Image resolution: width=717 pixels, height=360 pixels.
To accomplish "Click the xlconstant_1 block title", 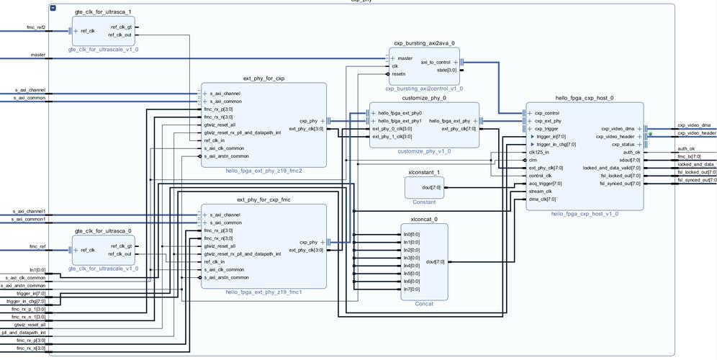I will coord(424,172).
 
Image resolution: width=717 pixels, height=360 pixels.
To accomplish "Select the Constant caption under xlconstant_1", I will coord(424,202).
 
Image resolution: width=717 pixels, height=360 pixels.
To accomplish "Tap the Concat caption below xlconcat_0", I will coord(424,304).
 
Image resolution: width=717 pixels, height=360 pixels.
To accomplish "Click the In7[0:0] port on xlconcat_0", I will coord(412,289).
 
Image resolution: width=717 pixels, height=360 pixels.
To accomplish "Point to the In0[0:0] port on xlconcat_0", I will coord(412,235).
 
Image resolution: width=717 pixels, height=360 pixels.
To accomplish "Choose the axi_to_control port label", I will coord(435,63).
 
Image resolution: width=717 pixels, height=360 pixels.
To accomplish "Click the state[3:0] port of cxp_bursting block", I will coord(446,71).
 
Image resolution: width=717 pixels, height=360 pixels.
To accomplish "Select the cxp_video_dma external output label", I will coord(693,125).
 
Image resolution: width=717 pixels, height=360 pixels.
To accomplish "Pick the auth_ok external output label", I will coord(686,149).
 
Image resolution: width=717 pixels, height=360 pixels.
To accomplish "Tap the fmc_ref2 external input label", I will coord(36,27).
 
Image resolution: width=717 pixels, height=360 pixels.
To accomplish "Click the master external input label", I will coord(38,55).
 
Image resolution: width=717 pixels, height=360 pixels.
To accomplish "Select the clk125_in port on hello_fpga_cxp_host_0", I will coord(539,152).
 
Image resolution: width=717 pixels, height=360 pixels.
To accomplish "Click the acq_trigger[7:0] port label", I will coord(545,184).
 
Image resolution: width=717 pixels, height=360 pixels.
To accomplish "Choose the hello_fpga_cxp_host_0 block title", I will coord(584,98).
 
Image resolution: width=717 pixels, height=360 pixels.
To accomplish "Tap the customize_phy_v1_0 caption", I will coord(424,152).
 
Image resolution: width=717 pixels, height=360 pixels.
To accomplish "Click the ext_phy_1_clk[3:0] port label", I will coord(392,137).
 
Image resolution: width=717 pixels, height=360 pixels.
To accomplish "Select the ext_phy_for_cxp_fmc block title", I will coord(263,199).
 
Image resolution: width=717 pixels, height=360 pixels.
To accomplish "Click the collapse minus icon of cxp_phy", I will coord(53,7).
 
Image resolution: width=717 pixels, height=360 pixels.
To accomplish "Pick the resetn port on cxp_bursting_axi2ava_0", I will coord(399,74).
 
